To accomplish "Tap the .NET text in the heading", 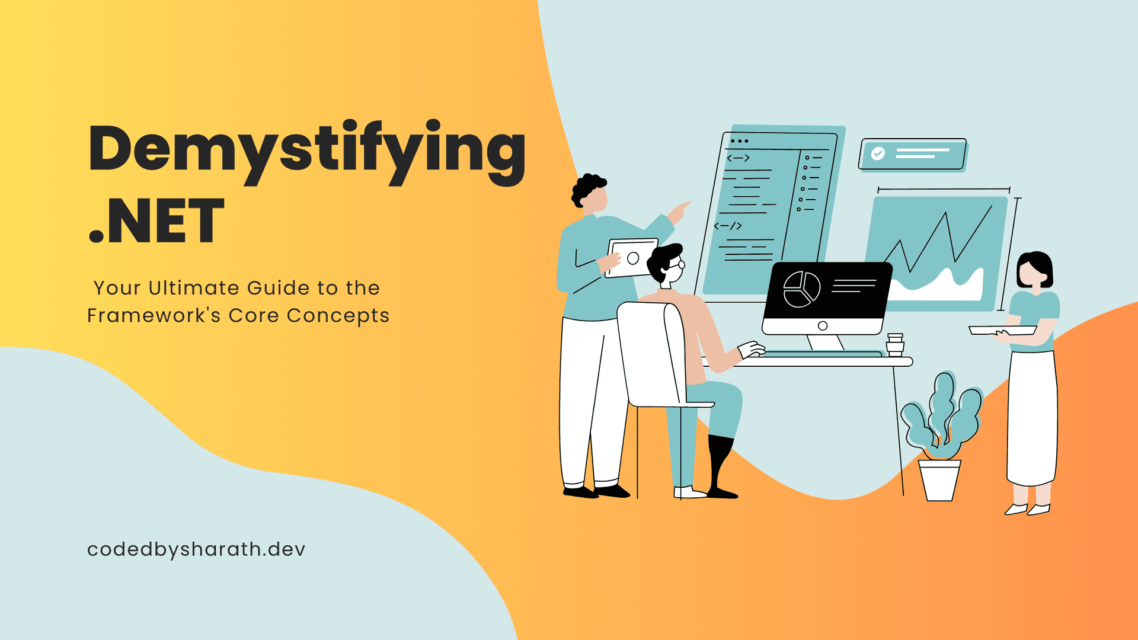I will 156,222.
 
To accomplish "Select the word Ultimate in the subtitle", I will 195,288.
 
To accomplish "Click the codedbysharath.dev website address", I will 196,549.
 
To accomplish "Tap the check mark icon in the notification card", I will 878,153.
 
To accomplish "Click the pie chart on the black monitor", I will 801,289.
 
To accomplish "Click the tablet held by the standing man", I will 633,258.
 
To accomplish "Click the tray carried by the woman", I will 1002,330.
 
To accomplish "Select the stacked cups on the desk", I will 895,344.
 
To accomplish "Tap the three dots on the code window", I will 739,141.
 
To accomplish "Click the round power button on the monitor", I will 823,326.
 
